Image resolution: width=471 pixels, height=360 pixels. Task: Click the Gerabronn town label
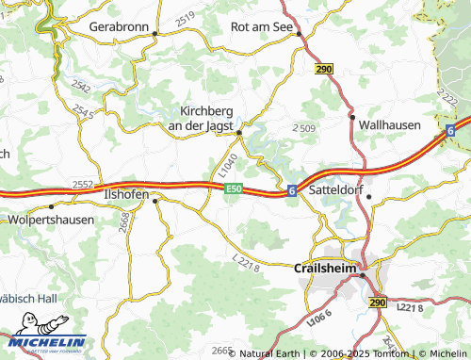coord(120,27)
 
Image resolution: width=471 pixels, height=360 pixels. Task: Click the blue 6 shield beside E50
coord(293,190)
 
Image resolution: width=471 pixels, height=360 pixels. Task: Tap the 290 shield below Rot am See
coord(324,70)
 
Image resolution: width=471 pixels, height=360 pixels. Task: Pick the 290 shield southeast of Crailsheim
coord(378,302)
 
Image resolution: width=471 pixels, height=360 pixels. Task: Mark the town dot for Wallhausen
coord(352,118)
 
